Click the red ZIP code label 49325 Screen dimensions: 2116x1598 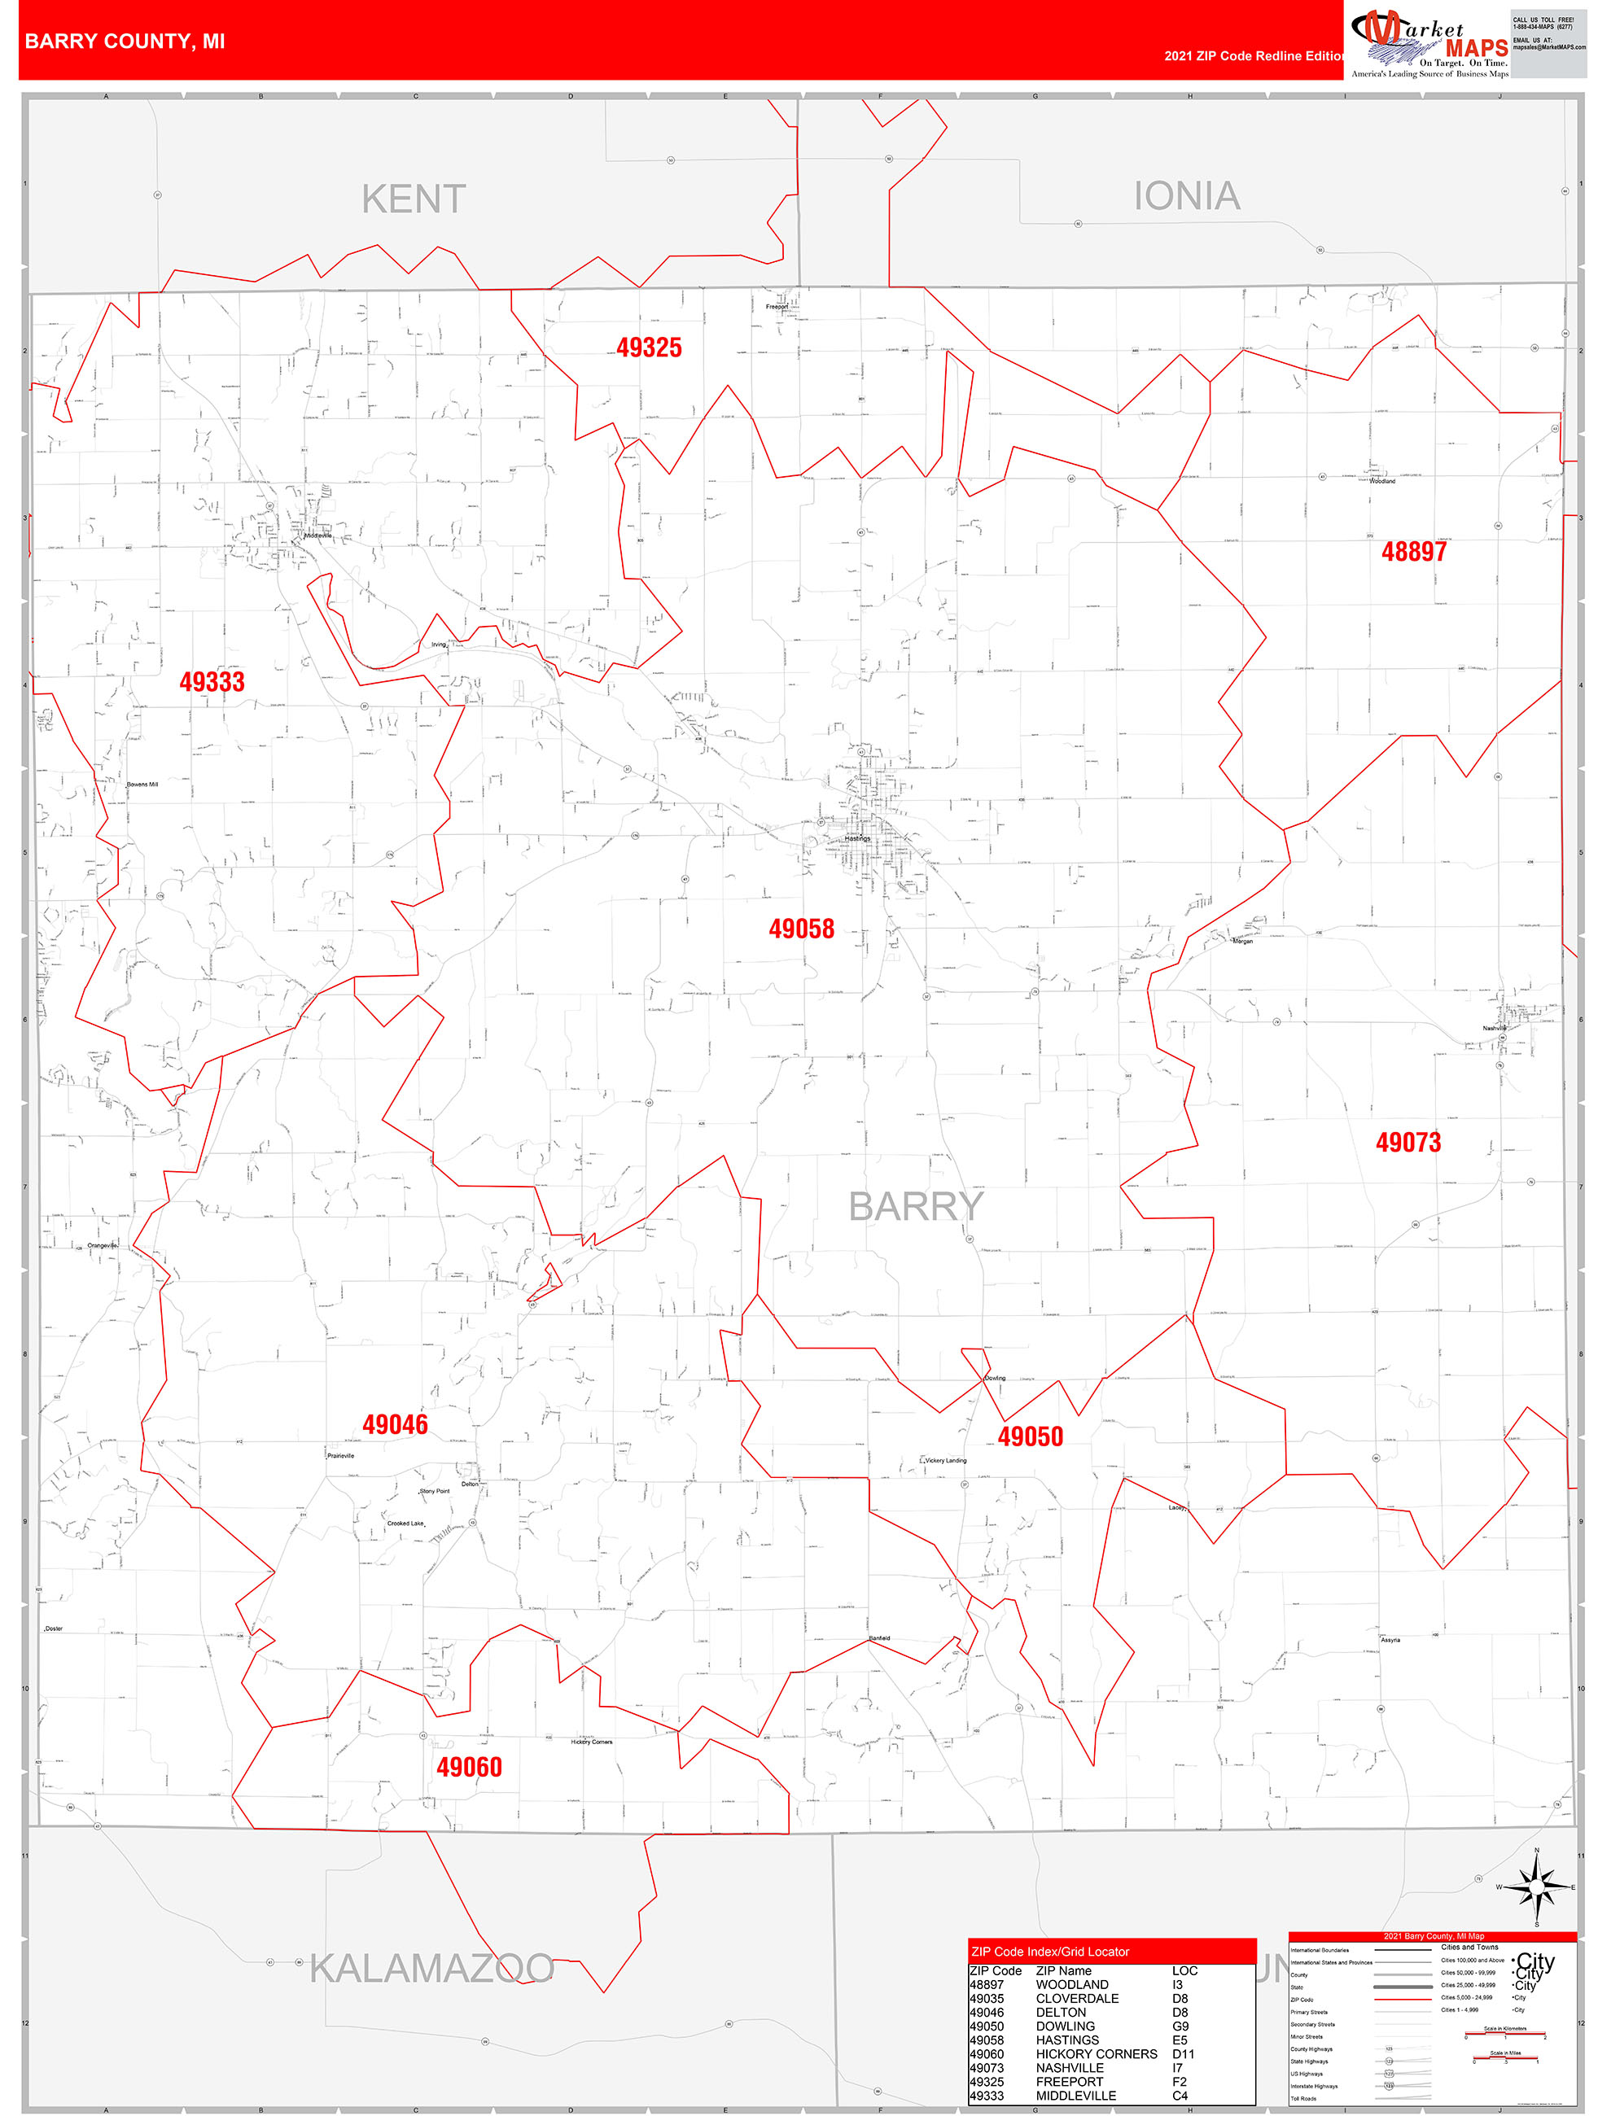pyautogui.click(x=649, y=348)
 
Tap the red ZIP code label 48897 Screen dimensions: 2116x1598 pyautogui.click(x=1413, y=551)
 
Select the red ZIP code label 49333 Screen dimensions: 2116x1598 pyautogui.click(x=212, y=681)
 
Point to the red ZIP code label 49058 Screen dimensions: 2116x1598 pyautogui.click(x=801, y=928)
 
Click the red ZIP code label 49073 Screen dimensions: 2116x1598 pyautogui.click(x=1408, y=1141)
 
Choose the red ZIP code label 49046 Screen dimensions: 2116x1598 pyautogui.click(x=394, y=1424)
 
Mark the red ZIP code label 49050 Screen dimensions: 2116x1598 pyautogui.click(x=1030, y=1436)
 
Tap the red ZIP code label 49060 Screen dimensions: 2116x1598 pyautogui.click(x=469, y=1767)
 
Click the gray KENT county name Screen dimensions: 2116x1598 pyautogui.click(x=414, y=199)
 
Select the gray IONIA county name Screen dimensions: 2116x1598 pyautogui.click(x=1187, y=196)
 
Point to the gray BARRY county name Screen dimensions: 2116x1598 pyautogui.click(x=916, y=1206)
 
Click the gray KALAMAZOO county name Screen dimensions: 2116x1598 pyautogui.click(x=431, y=1969)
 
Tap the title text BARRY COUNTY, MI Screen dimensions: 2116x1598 pyautogui.click(x=125, y=42)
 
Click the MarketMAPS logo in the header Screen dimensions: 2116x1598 pyautogui.click(x=1429, y=43)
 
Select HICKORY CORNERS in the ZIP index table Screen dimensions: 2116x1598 pyautogui.click(x=1096, y=2054)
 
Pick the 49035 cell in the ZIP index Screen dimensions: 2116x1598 pyautogui.click(x=987, y=1998)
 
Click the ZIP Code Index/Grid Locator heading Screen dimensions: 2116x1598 pyautogui.click(x=1049, y=1952)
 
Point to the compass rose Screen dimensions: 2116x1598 pyautogui.click(x=1536, y=1887)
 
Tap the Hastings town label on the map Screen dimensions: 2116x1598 pyautogui.click(x=857, y=839)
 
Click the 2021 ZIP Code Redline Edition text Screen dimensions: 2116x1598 pyautogui.click(x=1254, y=55)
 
